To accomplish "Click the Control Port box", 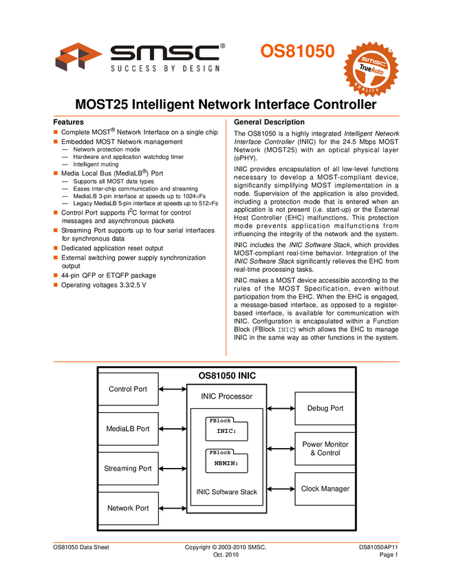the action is [x=128, y=389].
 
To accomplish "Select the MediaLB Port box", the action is [x=128, y=429].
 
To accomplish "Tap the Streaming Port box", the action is [x=128, y=469].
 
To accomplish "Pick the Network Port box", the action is [x=128, y=509].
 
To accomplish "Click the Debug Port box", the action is [x=325, y=409].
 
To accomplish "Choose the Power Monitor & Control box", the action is [x=325, y=449].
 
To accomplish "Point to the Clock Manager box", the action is [x=325, y=489].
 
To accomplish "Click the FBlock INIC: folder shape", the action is [x=226, y=429].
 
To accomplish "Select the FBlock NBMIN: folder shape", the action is [x=226, y=461].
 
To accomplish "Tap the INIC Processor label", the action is [x=226, y=396].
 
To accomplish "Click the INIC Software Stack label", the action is [x=226, y=492].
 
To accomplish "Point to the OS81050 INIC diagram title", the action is [x=227, y=376].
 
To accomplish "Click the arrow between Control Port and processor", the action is [x=172, y=389].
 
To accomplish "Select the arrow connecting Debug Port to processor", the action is [x=281, y=409].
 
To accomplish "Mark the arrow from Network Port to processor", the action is [x=172, y=509].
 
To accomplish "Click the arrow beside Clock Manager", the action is [x=281, y=489].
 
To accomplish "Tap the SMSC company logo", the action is [x=142, y=58].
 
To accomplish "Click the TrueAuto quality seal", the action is [x=371, y=69].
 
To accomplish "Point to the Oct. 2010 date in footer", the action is [x=226, y=555].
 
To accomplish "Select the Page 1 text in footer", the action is [x=389, y=555].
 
